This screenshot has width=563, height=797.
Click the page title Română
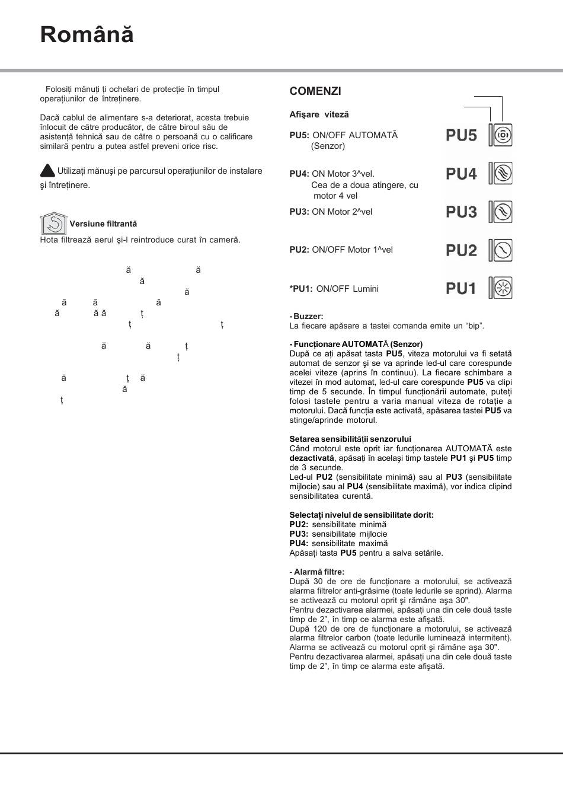[87, 35]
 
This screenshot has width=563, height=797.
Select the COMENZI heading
[315, 91]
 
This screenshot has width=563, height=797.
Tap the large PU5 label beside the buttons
[461, 136]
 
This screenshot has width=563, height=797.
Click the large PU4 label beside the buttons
[461, 174]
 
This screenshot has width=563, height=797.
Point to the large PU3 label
[461, 212]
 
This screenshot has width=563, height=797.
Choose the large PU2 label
[461, 251]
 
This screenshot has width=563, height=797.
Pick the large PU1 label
[461, 289]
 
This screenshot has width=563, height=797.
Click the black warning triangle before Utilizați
[47, 171]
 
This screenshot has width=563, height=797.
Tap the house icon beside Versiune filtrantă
[53, 223]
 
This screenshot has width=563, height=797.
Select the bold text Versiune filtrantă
[103, 224]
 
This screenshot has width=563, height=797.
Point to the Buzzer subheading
[308, 317]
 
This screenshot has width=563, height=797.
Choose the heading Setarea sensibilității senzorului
[350, 439]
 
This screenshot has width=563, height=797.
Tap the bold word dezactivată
[312, 458]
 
